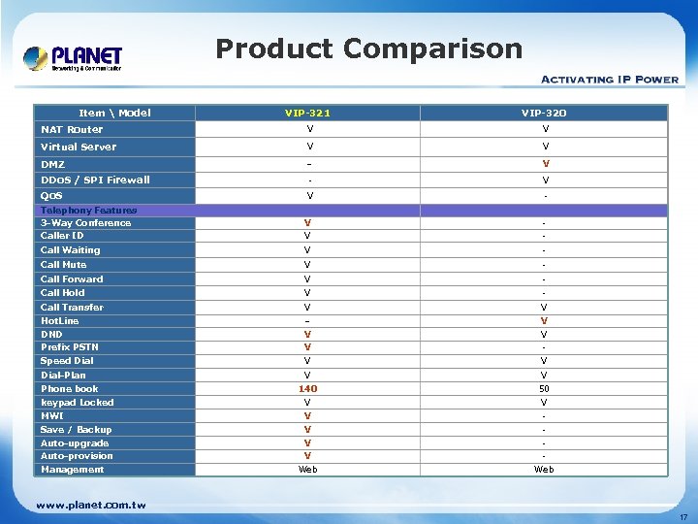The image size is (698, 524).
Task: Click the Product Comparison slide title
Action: pyautogui.click(x=368, y=49)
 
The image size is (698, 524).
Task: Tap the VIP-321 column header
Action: pyautogui.click(x=307, y=114)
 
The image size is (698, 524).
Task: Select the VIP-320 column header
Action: pyautogui.click(x=544, y=114)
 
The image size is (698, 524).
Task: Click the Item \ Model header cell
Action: pyautogui.click(x=114, y=113)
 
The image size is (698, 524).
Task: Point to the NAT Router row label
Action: pyautogui.click(x=72, y=129)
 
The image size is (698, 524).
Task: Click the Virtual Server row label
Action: pyautogui.click(x=78, y=147)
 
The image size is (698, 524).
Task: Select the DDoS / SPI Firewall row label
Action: pyautogui.click(x=95, y=180)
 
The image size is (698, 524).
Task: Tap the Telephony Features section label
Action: pyautogui.click(x=88, y=210)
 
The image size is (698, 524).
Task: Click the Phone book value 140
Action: pyautogui.click(x=307, y=389)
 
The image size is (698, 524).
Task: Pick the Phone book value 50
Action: pyautogui.click(x=544, y=389)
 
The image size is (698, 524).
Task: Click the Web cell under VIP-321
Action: pyautogui.click(x=307, y=470)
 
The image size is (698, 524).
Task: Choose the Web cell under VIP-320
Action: pyautogui.click(x=544, y=470)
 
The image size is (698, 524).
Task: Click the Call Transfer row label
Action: pyautogui.click(x=72, y=307)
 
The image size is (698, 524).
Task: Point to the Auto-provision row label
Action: pyautogui.click(x=77, y=456)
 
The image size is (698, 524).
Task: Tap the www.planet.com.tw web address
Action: pyautogui.click(x=91, y=505)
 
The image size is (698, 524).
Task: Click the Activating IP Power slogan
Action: pyautogui.click(x=608, y=79)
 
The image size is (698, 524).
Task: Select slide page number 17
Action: pyautogui.click(x=683, y=516)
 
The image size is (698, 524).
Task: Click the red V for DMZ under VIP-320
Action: pyautogui.click(x=545, y=163)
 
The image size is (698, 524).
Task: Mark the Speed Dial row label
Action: pyautogui.click(x=67, y=361)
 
